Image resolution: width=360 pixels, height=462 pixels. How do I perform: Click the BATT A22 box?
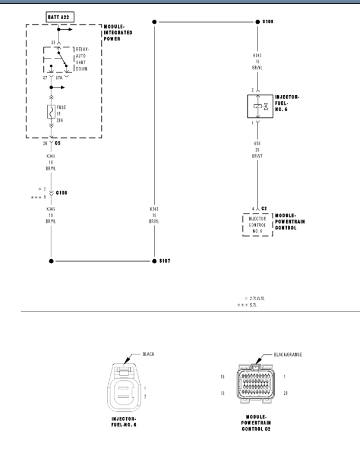pyautogui.click(x=57, y=18)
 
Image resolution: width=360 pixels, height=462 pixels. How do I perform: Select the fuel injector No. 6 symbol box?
pyautogui.click(x=257, y=106)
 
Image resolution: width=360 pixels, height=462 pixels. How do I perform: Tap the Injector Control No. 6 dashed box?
pyautogui.click(x=257, y=224)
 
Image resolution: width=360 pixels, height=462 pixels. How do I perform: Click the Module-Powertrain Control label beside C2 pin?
pyautogui.click(x=290, y=221)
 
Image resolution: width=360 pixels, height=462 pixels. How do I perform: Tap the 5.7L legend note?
pyautogui.click(x=251, y=305)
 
